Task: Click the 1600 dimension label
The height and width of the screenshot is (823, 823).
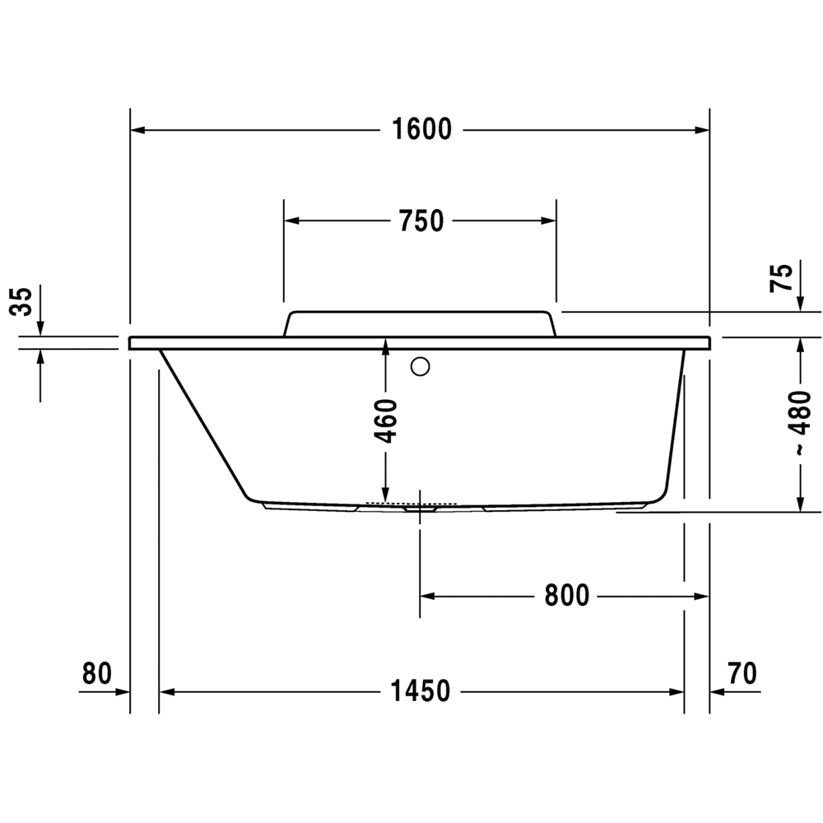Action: [422, 129]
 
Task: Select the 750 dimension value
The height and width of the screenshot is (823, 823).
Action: [421, 221]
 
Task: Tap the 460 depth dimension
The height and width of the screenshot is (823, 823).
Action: [386, 421]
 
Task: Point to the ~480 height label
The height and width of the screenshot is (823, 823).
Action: [801, 423]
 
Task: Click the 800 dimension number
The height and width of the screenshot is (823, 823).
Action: [567, 596]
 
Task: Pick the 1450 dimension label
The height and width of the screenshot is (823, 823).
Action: [421, 691]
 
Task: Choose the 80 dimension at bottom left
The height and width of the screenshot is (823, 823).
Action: [97, 673]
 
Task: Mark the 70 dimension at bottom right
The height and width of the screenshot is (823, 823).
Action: [742, 673]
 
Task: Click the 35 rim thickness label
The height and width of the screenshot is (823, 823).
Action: [21, 301]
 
